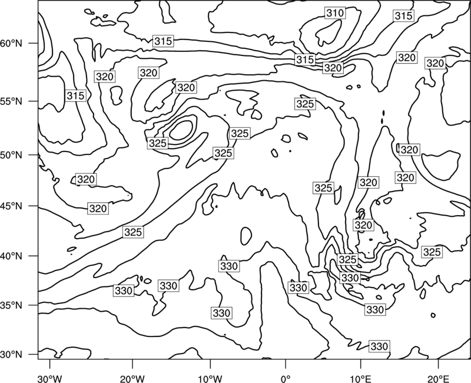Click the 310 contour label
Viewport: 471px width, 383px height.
335,13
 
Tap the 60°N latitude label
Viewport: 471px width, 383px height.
11,44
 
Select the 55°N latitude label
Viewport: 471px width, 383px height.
11,101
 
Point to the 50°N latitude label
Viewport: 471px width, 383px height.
11,155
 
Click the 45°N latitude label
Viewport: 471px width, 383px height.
11,206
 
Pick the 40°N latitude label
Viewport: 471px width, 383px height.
11,256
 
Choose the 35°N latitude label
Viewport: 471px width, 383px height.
11,305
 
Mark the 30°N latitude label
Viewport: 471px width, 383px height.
11,355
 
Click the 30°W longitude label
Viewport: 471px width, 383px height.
50,378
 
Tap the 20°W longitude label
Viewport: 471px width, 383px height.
132,378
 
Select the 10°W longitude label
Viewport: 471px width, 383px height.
210,378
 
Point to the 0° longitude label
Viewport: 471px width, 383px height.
286,378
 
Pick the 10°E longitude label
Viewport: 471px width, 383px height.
360,378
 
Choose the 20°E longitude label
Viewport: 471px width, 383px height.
438,378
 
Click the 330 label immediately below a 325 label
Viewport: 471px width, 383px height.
350,278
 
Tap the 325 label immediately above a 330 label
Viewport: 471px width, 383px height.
347,259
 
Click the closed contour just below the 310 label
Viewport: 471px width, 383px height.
329,32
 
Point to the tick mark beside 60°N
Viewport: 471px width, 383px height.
34,43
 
